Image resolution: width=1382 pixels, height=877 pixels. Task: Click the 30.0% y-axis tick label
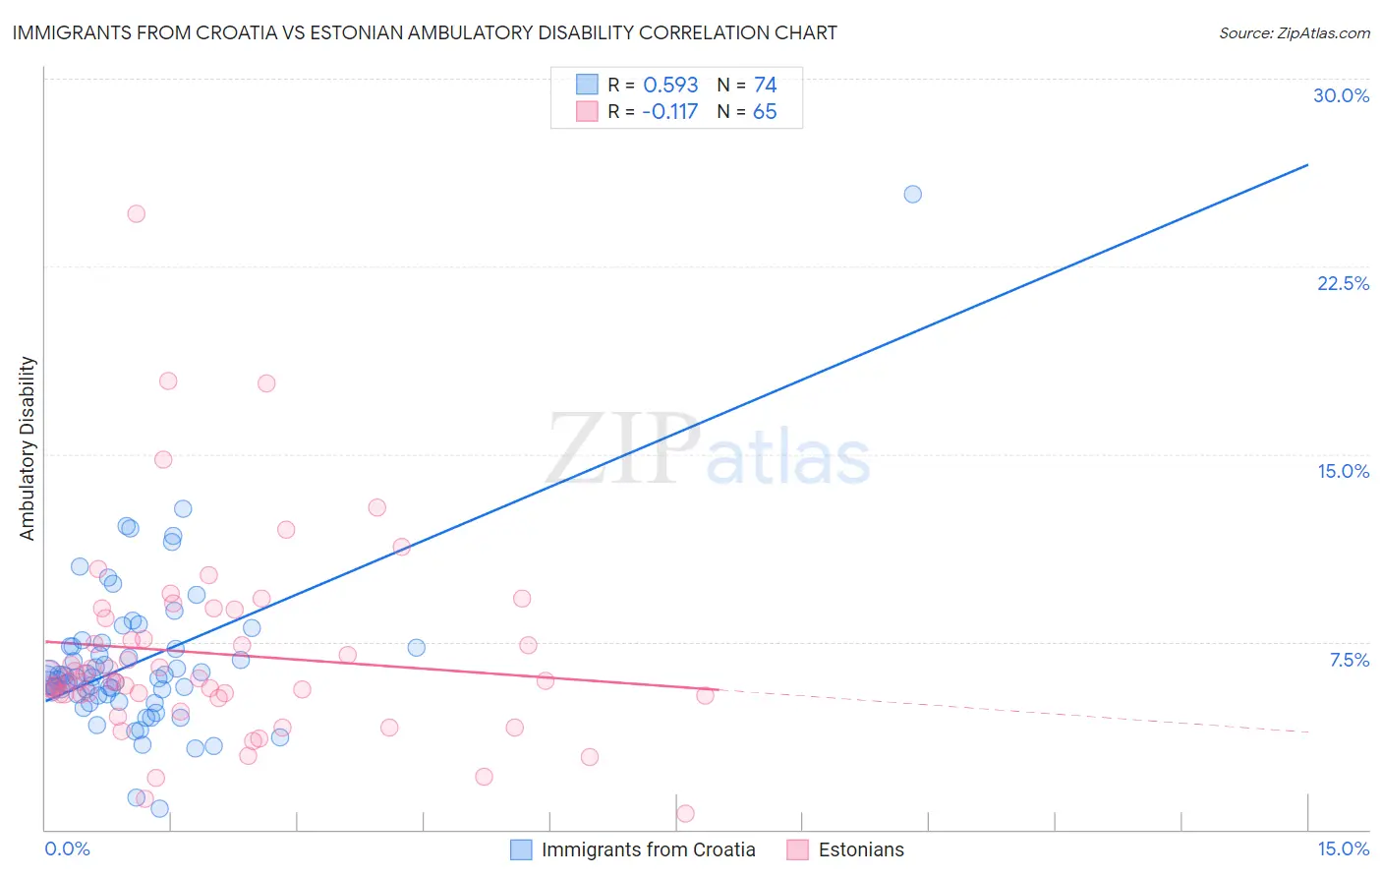(1341, 95)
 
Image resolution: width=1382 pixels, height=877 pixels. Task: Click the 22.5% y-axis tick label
(1343, 283)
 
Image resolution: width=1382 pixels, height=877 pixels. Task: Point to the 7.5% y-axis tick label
(1349, 660)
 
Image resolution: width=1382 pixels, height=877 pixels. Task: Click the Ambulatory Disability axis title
(28, 447)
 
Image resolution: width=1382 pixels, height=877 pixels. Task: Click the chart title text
(425, 32)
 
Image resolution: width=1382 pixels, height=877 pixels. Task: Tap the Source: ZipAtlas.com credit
(1294, 33)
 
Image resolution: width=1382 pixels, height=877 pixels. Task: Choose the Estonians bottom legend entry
(860, 849)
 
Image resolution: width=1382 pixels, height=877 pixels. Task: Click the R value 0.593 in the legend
(670, 86)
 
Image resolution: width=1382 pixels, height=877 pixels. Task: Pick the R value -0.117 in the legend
(669, 112)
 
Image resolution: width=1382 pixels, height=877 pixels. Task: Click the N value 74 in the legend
(765, 86)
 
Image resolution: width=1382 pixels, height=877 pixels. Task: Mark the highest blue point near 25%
(912, 194)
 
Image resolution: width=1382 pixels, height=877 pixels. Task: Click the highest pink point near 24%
(137, 213)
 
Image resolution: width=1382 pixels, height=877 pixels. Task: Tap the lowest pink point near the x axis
(685, 813)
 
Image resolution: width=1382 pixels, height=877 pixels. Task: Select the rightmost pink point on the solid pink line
(705, 695)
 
